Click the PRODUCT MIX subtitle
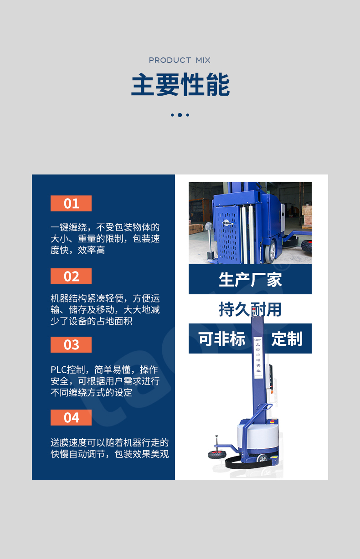point(180,60)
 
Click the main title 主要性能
point(180,85)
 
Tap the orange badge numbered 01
point(71,203)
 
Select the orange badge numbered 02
point(71,276)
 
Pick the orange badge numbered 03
point(71,344)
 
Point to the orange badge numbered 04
point(71,417)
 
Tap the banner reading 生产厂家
point(250,279)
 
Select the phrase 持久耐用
point(250,309)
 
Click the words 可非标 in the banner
point(221,339)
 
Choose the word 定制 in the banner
point(287,339)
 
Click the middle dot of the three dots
point(180,115)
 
